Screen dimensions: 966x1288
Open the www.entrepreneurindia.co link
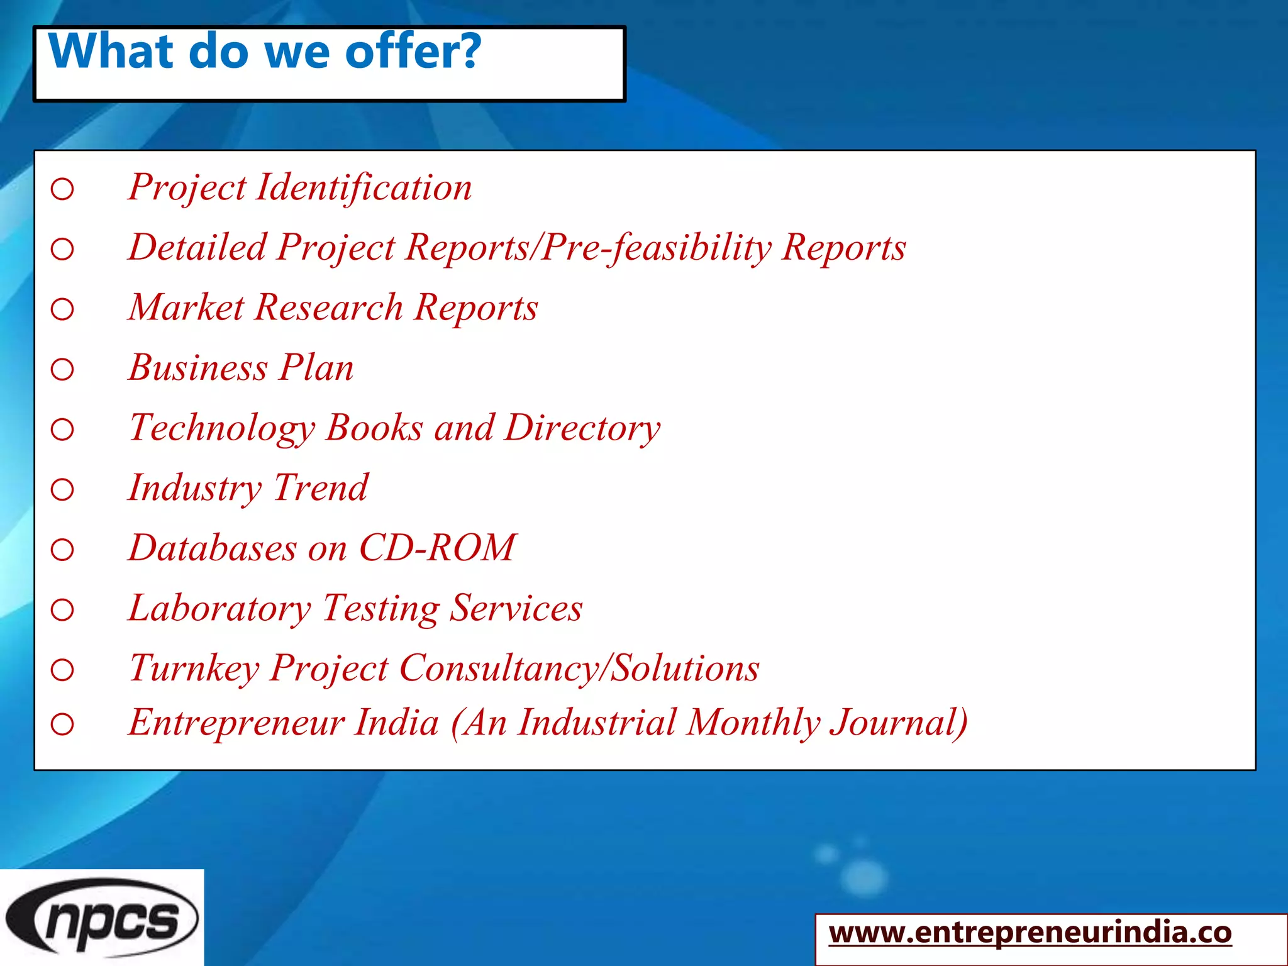tap(1030, 933)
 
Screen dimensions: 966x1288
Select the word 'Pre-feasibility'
tap(657, 247)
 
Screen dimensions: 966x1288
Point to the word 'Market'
tap(186, 308)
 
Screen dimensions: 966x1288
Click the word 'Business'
tap(198, 367)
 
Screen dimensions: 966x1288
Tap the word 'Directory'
tap(582, 428)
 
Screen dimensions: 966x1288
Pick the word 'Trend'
tap(321, 488)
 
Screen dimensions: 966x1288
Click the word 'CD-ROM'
tap(438, 548)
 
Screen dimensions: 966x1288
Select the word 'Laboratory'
tap(219, 608)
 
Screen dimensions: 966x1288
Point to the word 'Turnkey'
tap(194, 668)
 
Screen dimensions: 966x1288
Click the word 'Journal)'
tap(899, 722)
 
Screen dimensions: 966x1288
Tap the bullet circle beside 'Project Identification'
tap(62, 189)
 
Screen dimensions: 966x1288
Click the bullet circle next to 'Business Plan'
tap(62, 369)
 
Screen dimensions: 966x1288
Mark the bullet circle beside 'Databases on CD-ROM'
tap(62, 550)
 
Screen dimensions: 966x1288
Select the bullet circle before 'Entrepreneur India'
tap(62, 724)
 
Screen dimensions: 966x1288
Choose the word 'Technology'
tap(222, 428)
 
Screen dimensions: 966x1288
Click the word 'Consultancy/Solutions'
tap(579, 668)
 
